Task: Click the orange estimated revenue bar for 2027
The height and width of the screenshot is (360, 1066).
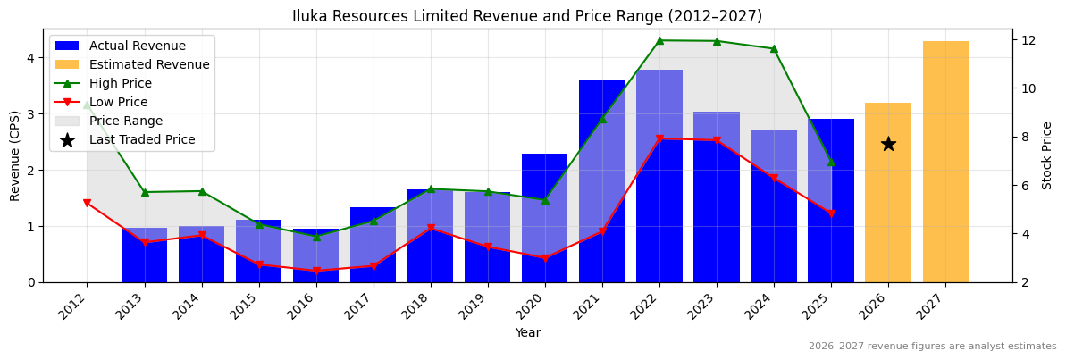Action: (x=945, y=161)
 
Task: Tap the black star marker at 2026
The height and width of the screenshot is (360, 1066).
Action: (x=888, y=144)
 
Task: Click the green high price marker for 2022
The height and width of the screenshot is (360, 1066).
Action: (x=659, y=40)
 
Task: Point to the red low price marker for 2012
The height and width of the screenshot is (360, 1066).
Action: (x=87, y=204)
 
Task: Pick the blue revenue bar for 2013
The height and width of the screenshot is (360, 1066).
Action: (x=145, y=255)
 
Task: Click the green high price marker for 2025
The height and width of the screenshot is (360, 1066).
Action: (x=831, y=162)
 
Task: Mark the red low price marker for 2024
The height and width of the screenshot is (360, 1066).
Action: (x=774, y=179)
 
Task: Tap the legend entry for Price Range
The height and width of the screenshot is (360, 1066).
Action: (x=126, y=121)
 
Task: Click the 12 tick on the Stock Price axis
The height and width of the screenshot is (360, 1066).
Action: (x=1028, y=40)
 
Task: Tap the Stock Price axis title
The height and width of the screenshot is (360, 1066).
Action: (x=1047, y=155)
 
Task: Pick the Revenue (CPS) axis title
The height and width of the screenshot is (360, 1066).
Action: (x=15, y=155)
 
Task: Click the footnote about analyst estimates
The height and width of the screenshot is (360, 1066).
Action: (x=932, y=347)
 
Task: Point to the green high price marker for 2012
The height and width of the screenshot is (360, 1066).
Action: (x=87, y=105)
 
